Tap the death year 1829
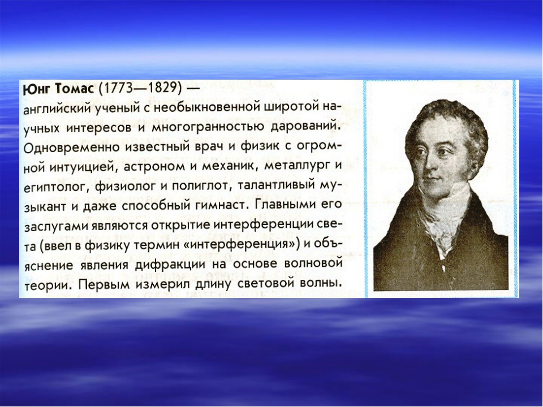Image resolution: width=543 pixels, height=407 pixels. (162, 88)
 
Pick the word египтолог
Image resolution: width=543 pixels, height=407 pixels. (55, 187)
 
